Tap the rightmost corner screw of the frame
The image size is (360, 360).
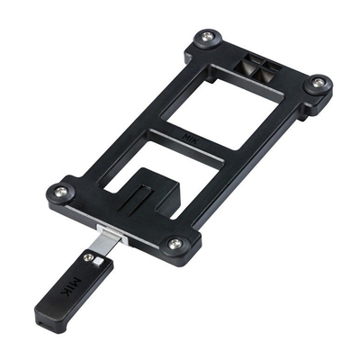pos(318,83)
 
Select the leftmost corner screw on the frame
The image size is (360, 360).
pos(60,190)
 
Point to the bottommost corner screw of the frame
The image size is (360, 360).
pos(174,243)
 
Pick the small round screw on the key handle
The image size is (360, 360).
pos(88,256)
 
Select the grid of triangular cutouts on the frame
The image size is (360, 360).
pos(259,68)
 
